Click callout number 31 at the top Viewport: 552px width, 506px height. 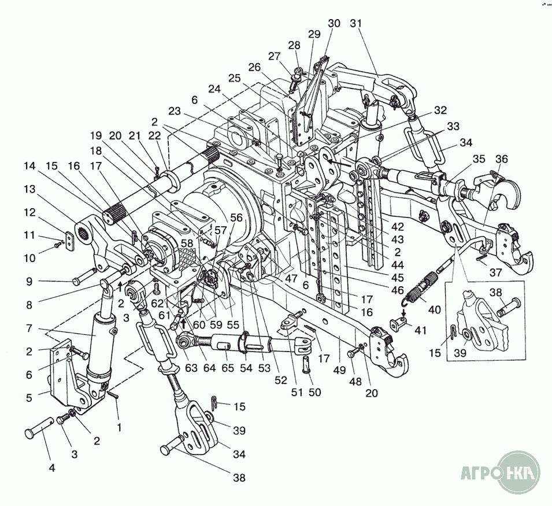coord(356,24)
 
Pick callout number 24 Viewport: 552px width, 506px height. coord(215,89)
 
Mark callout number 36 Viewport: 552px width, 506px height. coord(501,158)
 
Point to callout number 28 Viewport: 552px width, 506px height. coord(295,46)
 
